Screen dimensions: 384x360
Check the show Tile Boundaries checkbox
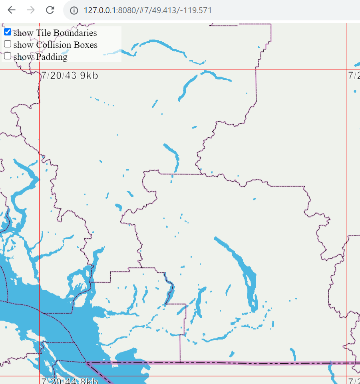click(8, 32)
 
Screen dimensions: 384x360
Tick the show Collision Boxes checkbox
click(8, 44)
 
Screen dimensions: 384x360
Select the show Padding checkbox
click(8, 56)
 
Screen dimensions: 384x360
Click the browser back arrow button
click(12, 10)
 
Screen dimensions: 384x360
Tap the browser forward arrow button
click(31, 10)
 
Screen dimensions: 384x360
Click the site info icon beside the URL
click(74, 10)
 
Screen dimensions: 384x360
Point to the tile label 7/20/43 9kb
click(70, 75)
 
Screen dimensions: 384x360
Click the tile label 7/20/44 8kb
click(70, 381)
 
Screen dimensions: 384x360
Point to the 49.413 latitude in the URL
click(165, 10)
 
